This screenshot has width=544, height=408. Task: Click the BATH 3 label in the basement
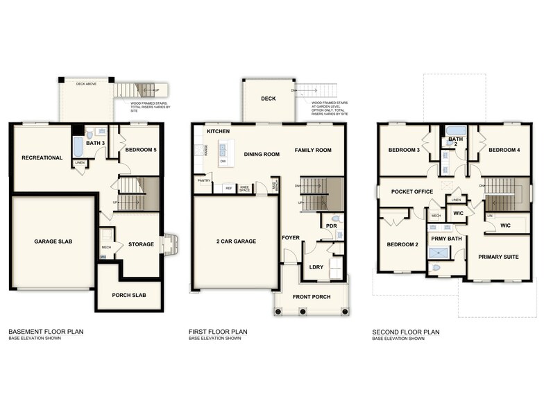click(96, 143)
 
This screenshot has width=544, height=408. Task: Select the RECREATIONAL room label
click(42, 158)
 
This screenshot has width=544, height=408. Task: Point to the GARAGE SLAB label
click(53, 241)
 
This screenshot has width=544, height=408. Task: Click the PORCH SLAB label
click(130, 294)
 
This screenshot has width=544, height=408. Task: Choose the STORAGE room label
click(141, 244)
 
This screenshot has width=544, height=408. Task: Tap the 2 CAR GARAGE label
click(237, 241)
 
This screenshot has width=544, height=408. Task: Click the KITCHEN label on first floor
click(218, 131)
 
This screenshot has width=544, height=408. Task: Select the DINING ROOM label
click(261, 154)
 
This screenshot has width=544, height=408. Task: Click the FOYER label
click(290, 237)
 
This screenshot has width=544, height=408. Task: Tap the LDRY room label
click(316, 266)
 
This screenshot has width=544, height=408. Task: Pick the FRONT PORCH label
click(312, 297)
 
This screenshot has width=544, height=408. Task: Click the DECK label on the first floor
click(269, 99)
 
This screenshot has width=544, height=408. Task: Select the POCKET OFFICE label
click(412, 192)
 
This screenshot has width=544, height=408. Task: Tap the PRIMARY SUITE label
click(499, 257)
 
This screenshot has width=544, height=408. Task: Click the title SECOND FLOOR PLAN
click(406, 332)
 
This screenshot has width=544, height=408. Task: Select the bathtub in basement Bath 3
click(78, 147)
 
